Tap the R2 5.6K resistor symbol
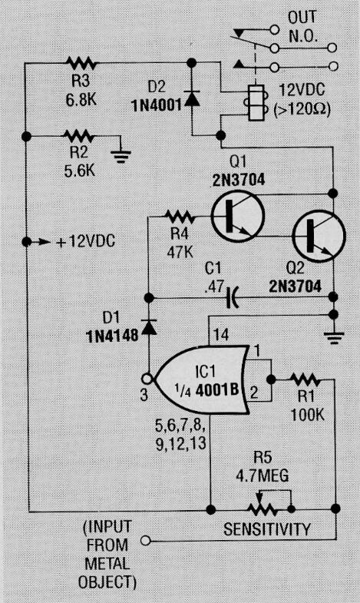[x=79, y=137]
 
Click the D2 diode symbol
[x=192, y=99]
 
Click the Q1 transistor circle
[x=233, y=217]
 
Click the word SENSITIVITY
[x=267, y=529]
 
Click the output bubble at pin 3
[x=146, y=378]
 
